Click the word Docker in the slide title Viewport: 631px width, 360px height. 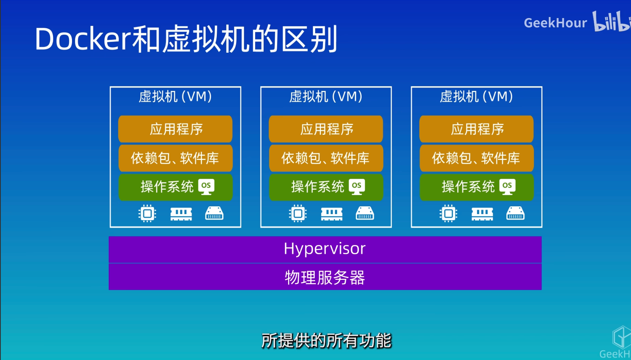83,39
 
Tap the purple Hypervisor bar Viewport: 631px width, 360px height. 325,249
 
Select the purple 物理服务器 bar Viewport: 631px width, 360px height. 325,277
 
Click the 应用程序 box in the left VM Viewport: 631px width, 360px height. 175,129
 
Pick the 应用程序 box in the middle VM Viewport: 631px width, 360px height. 326,129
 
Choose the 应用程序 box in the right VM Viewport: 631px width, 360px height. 477,129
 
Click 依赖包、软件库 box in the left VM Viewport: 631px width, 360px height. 175,158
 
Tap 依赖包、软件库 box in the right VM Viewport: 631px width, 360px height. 477,158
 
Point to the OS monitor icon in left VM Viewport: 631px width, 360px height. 206,187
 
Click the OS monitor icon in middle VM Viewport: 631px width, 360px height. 357,187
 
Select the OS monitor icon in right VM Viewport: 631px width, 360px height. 508,187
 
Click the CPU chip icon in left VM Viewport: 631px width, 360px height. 147,213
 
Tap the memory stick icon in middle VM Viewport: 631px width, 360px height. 332,213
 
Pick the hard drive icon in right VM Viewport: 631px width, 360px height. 515,213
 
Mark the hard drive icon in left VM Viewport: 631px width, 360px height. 214,213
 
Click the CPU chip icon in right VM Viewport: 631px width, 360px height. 448,213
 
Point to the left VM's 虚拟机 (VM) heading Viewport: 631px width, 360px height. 175,96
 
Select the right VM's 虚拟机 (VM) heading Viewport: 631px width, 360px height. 477,96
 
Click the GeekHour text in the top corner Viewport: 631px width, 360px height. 555,23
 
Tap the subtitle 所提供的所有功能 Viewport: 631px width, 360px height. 326,341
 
